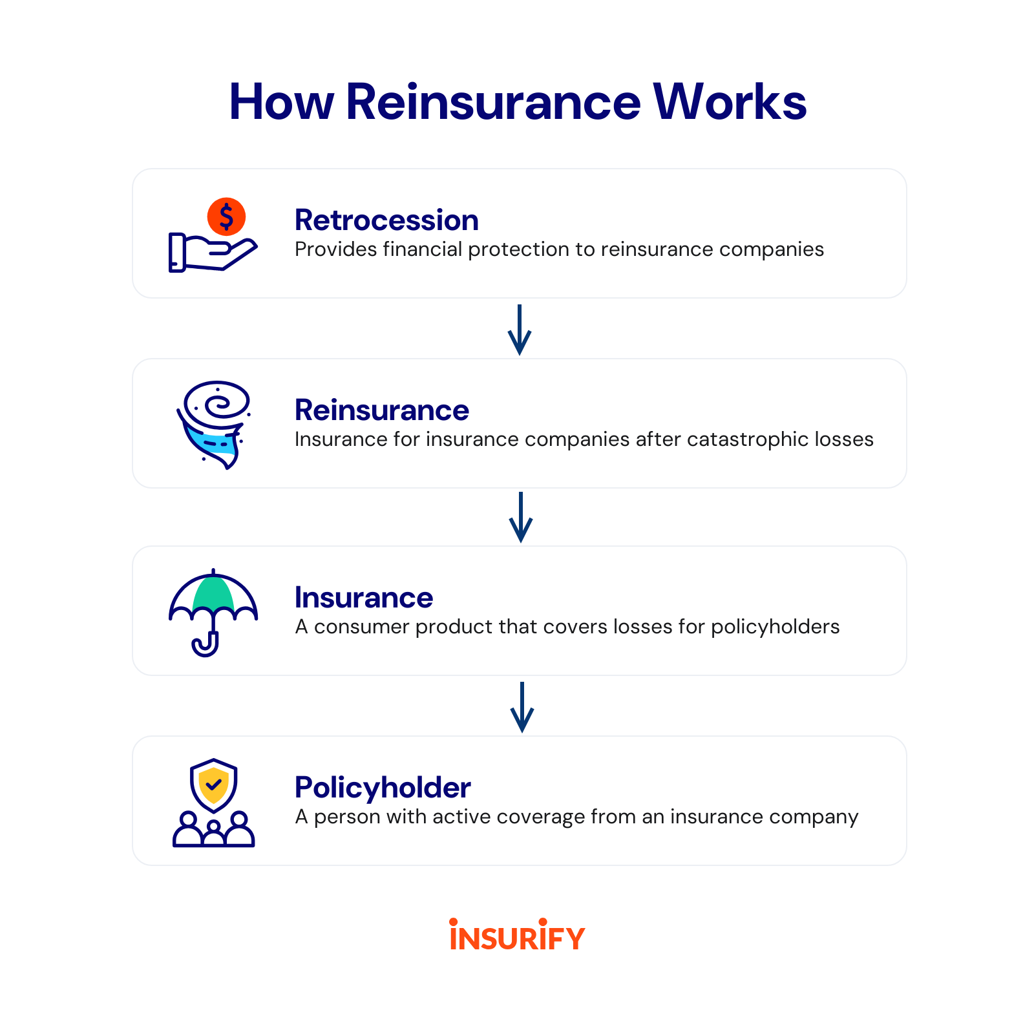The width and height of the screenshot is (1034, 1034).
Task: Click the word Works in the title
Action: (x=730, y=102)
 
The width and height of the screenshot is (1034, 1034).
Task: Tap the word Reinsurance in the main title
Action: (x=493, y=102)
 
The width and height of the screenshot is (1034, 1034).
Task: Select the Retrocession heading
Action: (x=386, y=220)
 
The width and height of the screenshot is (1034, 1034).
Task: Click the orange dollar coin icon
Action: (x=226, y=216)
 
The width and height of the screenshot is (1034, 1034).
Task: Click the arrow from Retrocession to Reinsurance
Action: (x=520, y=330)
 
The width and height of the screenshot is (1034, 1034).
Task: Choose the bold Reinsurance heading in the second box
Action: (x=381, y=410)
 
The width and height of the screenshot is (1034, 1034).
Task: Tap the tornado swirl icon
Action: (x=213, y=424)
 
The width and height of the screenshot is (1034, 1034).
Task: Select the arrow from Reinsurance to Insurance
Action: (x=521, y=517)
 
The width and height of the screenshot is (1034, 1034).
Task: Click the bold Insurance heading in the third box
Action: (x=364, y=598)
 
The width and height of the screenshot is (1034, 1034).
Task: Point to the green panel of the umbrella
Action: (x=213, y=594)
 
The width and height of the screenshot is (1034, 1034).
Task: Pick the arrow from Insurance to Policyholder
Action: (x=522, y=707)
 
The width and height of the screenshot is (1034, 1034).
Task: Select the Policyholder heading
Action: (x=383, y=788)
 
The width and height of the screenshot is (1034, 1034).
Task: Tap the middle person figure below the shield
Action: (x=213, y=833)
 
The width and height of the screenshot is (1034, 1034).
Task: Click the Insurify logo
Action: (x=517, y=934)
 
